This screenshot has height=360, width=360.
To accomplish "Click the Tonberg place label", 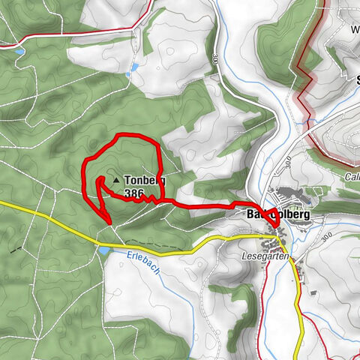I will point(144,181).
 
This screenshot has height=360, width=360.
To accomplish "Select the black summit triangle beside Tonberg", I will point(115,181).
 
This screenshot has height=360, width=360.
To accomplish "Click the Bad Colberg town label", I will point(278,215).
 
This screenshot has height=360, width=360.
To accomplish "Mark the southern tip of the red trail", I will point(110,221).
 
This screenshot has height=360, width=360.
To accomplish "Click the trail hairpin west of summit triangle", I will point(98,180).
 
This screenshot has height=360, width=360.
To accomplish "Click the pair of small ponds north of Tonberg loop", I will point(135,70).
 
